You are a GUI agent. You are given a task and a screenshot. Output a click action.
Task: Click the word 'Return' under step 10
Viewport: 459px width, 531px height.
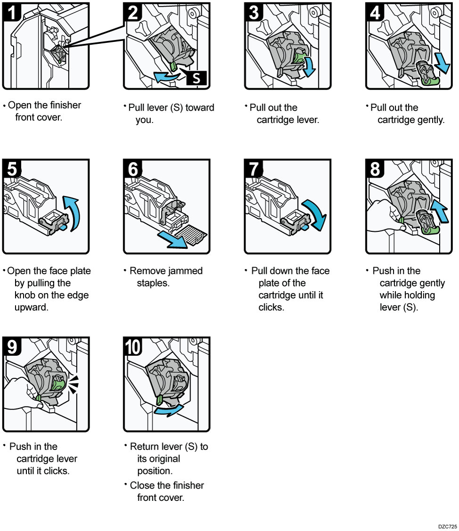(146, 447)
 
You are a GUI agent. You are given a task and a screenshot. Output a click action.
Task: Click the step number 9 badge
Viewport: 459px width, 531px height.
(12, 347)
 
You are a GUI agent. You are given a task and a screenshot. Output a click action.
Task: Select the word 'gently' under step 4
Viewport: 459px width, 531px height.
(428, 120)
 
